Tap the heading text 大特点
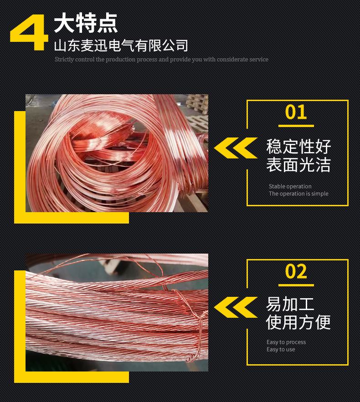click(x=86, y=23)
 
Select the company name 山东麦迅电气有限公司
click(x=121, y=46)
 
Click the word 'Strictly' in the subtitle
click(x=63, y=60)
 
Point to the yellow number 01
click(x=296, y=112)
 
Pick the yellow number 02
click(x=296, y=272)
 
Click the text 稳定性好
click(x=298, y=147)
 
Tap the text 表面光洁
click(x=298, y=165)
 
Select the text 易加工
click(x=290, y=304)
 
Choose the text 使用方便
click(x=298, y=322)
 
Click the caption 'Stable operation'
click(x=290, y=186)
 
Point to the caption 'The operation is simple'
click(x=298, y=193)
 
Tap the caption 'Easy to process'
click(x=286, y=342)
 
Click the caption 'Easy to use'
click(x=281, y=349)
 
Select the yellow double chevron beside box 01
click(x=235, y=148)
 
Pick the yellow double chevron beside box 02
click(x=235, y=307)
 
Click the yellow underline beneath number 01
click(x=296, y=126)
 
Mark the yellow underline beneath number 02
click(x=296, y=285)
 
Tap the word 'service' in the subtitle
click(x=258, y=60)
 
